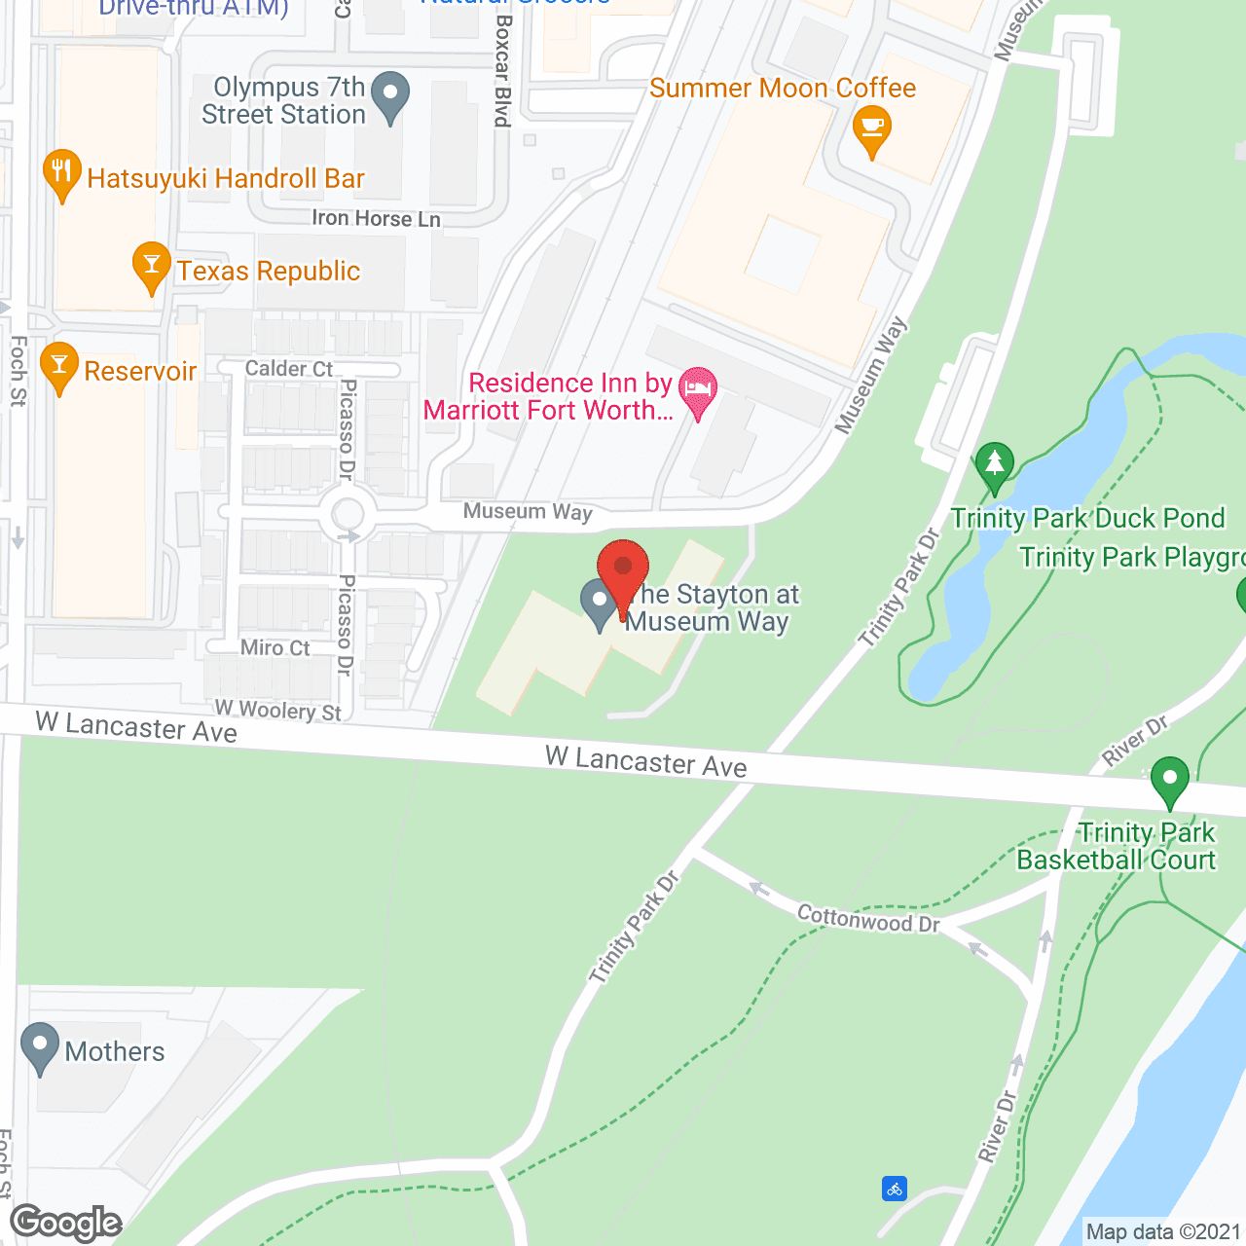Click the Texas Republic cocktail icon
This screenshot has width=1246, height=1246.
pyautogui.click(x=151, y=267)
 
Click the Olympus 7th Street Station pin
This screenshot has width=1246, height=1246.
pyautogui.click(x=390, y=97)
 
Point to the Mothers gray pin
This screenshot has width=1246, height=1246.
pyautogui.click(x=40, y=1047)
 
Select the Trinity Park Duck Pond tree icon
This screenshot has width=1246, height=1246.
pyautogui.click(x=994, y=466)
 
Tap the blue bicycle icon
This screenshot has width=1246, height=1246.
pyautogui.click(x=895, y=1188)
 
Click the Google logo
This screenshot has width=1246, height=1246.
pyautogui.click(x=66, y=1223)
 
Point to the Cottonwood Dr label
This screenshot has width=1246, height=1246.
pyautogui.click(x=868, y=918)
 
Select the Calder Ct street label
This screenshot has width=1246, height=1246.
pyautogui.click(x=288, y=368)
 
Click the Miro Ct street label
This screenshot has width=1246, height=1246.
pyautogui.click(x=275, y=647)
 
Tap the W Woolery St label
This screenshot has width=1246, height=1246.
pyautogui.click(x=277, y=711)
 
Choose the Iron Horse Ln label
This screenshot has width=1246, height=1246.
pyautogui.click(x=376, y=218)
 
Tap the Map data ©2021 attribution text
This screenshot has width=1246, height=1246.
pyautogui.click(x=1164, y=1231)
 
